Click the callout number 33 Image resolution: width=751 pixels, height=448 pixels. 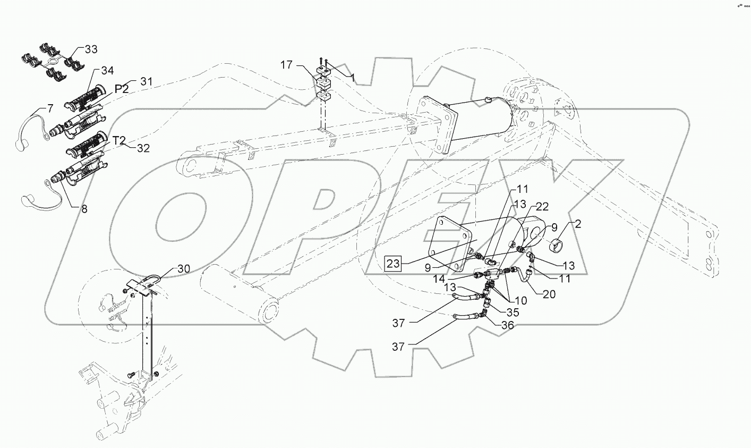point(91,49)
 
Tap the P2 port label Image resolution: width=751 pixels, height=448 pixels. point(122,89)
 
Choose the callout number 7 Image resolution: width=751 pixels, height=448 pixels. point(50,108)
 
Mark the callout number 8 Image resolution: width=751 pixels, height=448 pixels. point(84,209)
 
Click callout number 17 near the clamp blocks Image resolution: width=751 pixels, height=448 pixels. point(287,65)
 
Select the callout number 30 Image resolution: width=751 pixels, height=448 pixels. point(183,269)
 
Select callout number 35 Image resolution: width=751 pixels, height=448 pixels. point(513,312)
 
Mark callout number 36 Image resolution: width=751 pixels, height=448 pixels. point(508,326)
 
